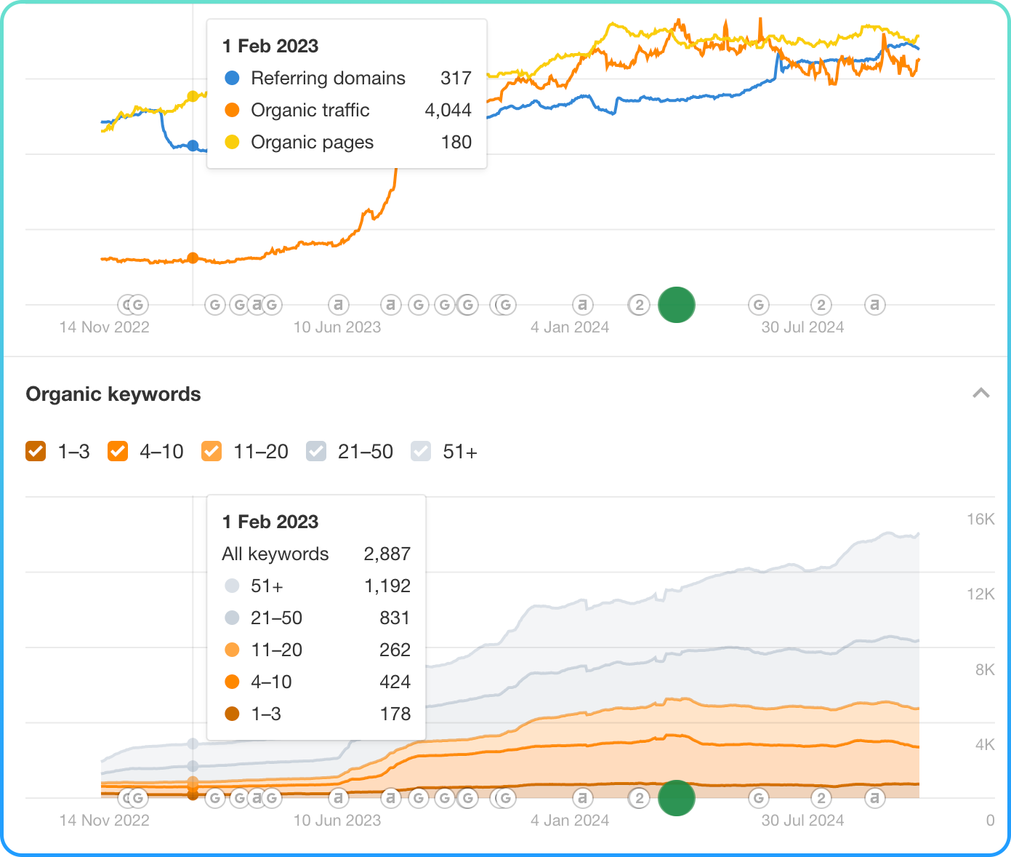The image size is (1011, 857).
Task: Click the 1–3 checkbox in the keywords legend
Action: pos(36,452)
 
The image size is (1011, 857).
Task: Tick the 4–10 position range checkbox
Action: pos(118,452)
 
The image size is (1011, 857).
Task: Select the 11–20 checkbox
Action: pos(211,452)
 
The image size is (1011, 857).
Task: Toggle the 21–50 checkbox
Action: pos(316,452)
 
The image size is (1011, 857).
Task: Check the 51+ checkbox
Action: pos(421,452)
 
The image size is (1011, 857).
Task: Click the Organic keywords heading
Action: pos(113,394)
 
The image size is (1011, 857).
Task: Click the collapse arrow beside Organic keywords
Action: pos(980,394)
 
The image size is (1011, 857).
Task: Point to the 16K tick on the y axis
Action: pos(980,519)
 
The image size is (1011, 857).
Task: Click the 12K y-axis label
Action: pos(980,594)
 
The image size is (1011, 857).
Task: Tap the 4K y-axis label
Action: pos(984,745)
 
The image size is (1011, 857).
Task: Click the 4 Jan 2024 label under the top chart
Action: pos(570,327)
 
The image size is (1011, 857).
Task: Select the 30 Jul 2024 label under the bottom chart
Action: pos(802,821)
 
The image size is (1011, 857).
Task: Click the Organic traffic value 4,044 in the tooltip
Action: pos(448,111)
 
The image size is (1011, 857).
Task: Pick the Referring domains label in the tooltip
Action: pos(328,79)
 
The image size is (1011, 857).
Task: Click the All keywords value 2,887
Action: pos(387,554)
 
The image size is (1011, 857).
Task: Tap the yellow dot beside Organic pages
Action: pos(232,143)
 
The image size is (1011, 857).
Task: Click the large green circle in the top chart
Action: pos(677,305)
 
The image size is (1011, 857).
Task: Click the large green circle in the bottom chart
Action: pos(677,798)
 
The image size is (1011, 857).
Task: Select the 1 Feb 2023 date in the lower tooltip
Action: pos(270,522)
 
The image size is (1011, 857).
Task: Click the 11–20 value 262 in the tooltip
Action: pos(395,650)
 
